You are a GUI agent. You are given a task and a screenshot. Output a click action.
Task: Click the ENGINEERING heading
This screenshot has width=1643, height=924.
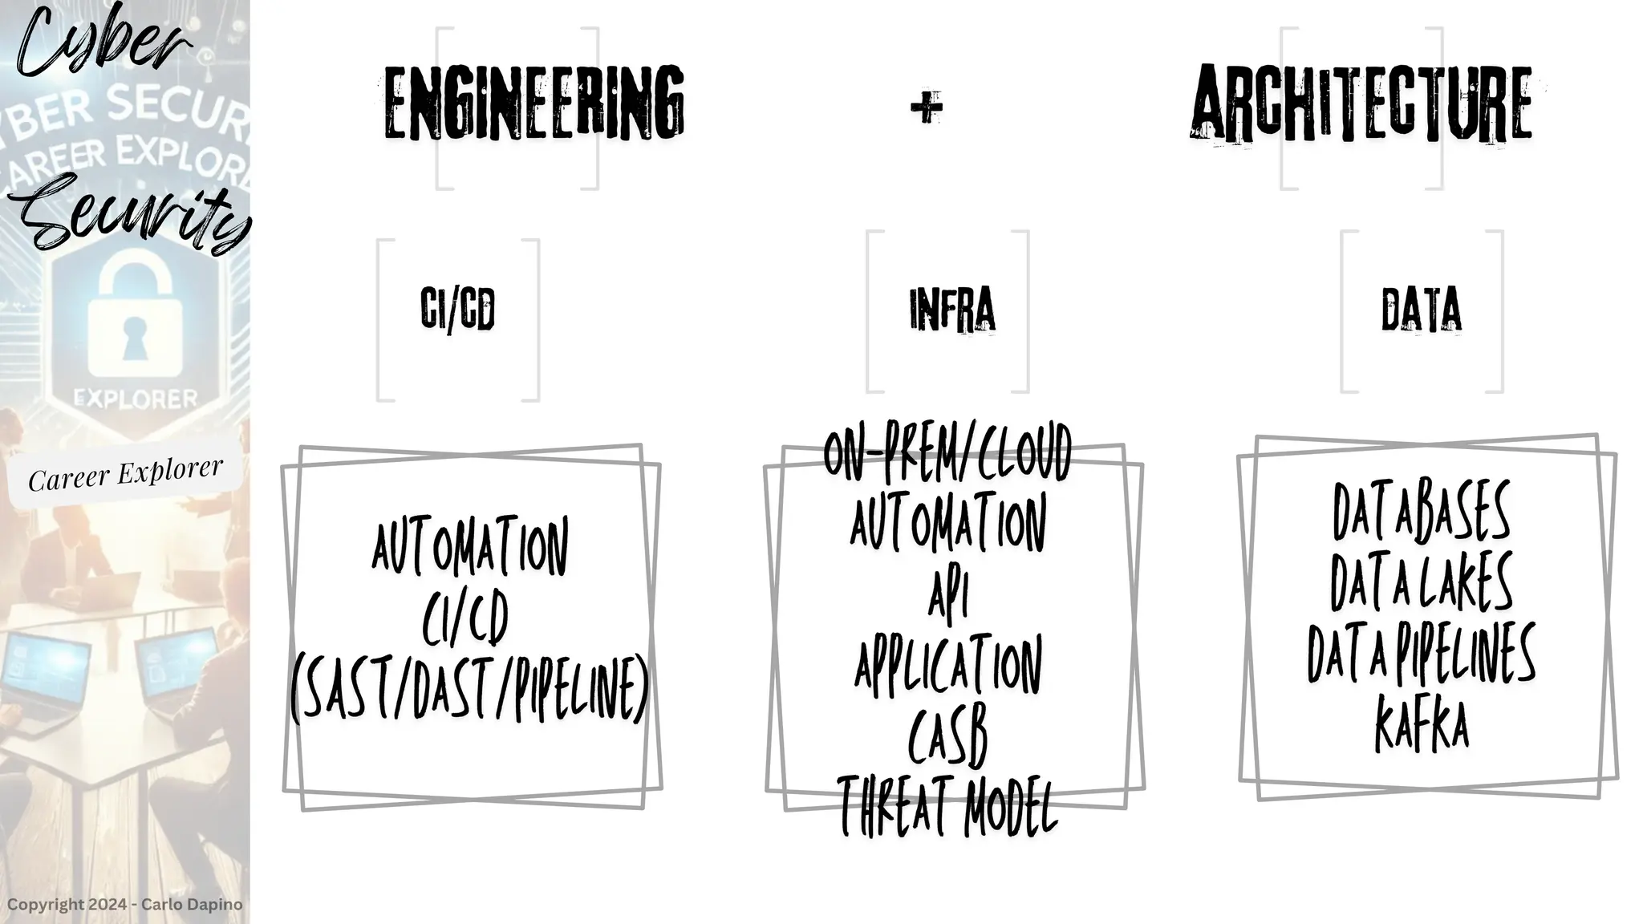pos(533,104)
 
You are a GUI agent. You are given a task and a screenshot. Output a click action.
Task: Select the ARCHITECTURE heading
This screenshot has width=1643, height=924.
pos(1361,104)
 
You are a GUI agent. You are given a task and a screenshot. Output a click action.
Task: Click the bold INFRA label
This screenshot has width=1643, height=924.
pos(952,310)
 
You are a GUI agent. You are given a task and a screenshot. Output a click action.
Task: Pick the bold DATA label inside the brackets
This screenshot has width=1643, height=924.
pos(1421,310)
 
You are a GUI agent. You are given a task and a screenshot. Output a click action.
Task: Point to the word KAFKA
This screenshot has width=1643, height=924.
pos(1422,724)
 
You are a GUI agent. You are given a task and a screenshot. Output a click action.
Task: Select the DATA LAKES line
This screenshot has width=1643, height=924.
pos(1422,582)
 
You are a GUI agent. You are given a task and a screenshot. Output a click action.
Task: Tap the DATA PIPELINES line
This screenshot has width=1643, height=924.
pos(1422,653)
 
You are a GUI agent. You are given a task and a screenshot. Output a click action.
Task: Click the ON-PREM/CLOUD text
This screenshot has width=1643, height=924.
pos(947,453)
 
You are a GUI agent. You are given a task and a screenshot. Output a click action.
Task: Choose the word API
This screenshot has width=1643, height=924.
pos(948,596)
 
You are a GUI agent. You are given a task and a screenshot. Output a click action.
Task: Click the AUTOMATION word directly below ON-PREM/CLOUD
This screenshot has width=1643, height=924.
pos(948,524)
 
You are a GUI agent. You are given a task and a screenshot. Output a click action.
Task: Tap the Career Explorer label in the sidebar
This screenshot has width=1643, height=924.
pos(125,474)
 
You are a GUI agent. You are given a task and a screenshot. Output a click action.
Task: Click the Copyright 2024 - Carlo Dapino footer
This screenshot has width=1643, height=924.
pos(124,905)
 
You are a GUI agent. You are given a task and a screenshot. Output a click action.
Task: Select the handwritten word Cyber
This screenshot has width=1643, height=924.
pos(100,40)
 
